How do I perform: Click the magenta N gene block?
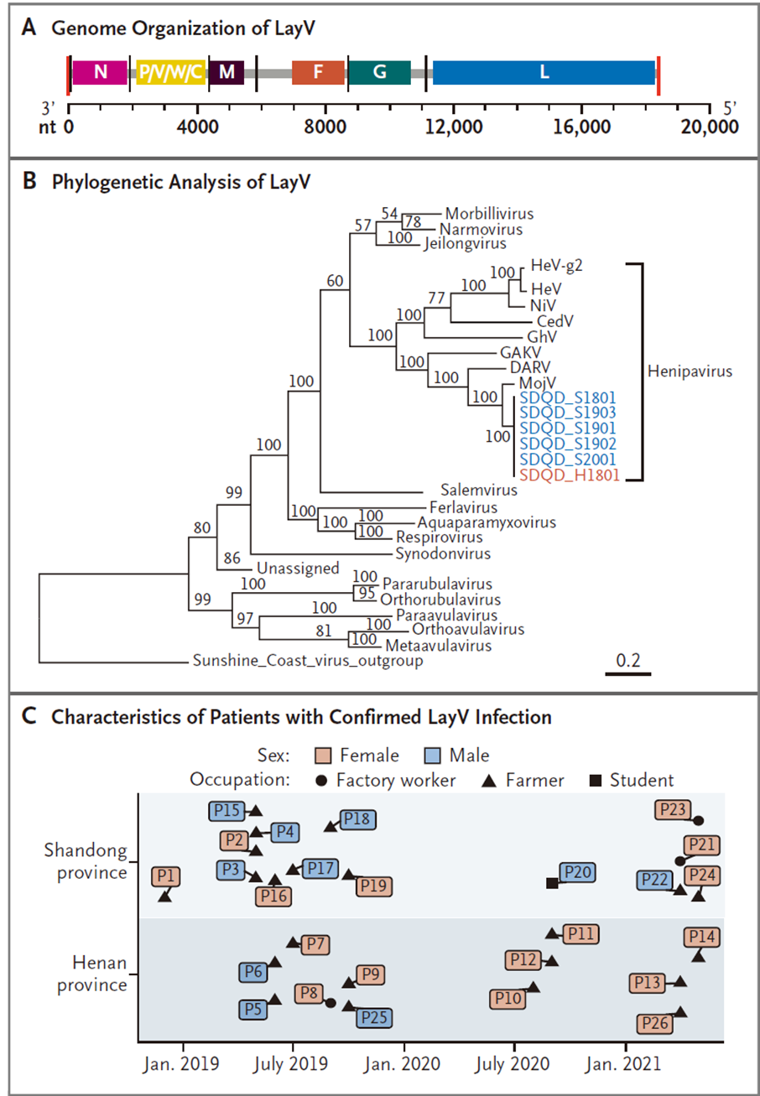[100, 72]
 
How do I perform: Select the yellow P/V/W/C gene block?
[171, 72]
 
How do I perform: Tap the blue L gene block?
[544, 72]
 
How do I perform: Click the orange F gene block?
[318, 72]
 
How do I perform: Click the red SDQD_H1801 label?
[568, 475]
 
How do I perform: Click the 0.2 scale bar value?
[628, 660]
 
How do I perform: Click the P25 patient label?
[374, 1017]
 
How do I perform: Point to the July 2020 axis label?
[514, 1073]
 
